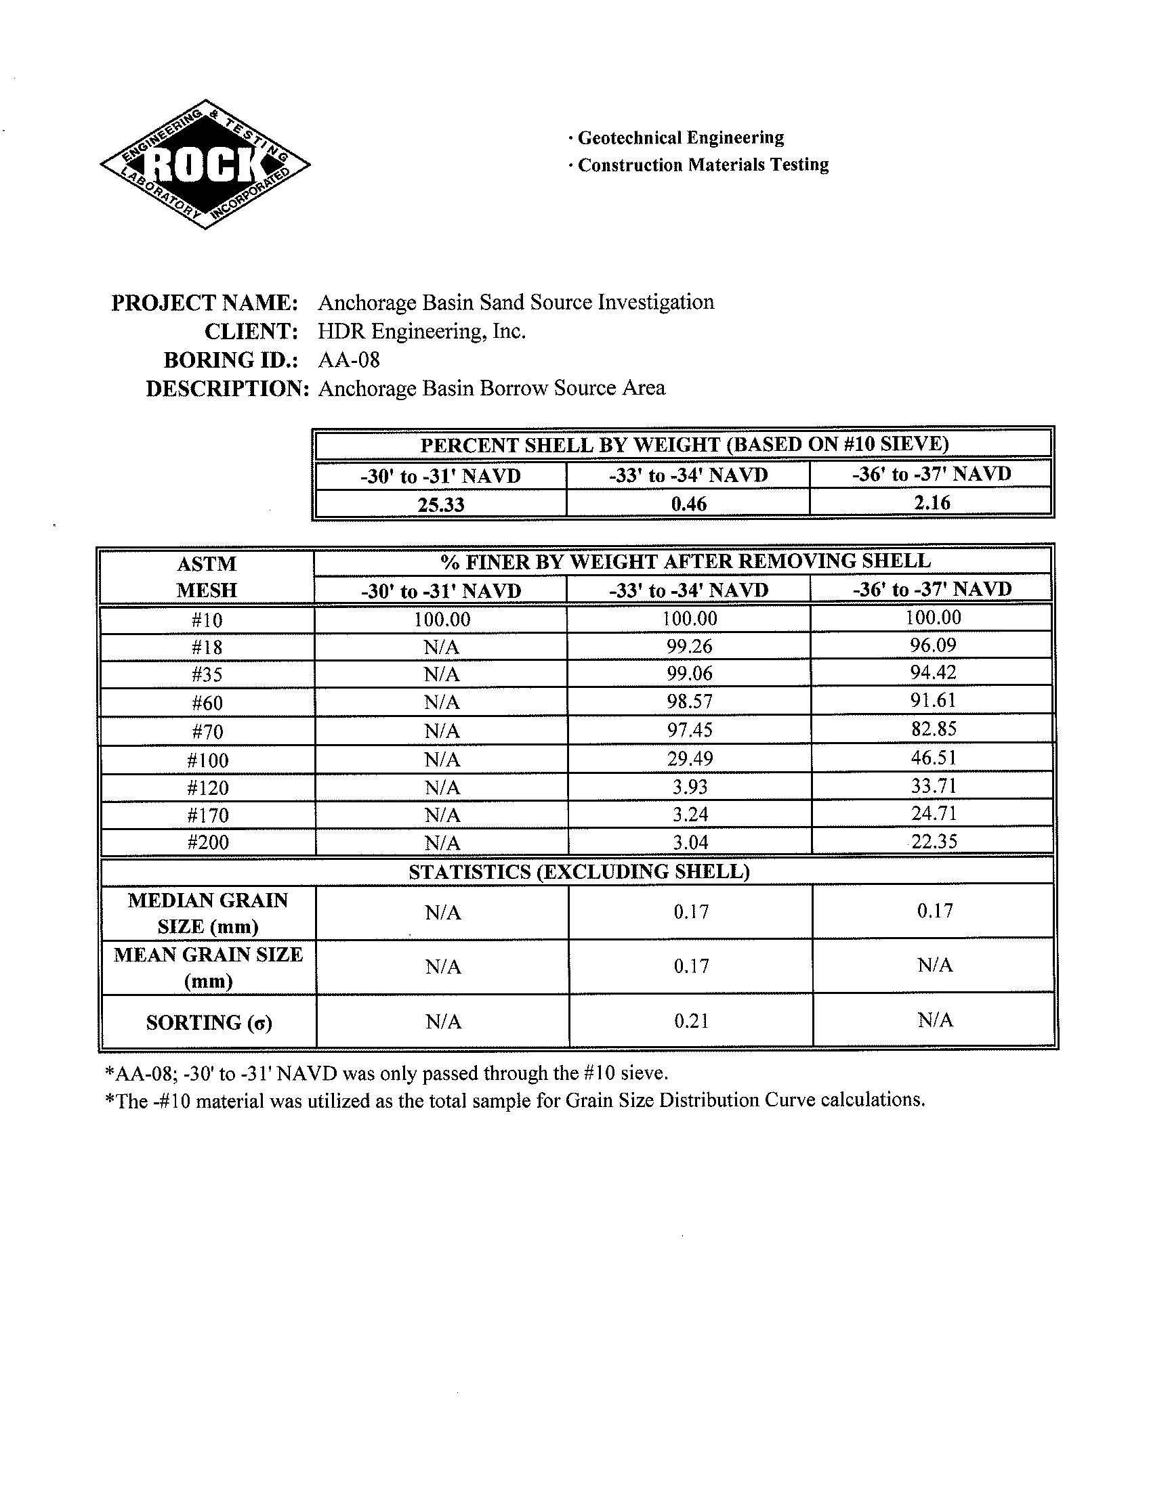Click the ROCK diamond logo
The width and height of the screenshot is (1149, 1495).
tap(205, 164)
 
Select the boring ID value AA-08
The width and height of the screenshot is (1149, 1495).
tap(349, 360)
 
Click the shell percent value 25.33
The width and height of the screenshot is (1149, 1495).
tap(441, 504)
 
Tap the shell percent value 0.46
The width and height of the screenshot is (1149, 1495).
tap(689, 504)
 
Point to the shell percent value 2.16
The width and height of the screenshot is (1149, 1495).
tap(932, 502)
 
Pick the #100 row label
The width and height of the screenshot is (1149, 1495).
tap(208, 760)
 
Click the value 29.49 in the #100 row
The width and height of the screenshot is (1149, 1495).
tap(690, 758)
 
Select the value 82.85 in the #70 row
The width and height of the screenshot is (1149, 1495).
tap(933, 729)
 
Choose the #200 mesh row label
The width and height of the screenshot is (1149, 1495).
tap(208, 842)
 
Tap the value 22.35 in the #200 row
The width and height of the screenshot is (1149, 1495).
tap(934, 841)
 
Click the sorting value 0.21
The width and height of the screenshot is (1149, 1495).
tap(691, 1020)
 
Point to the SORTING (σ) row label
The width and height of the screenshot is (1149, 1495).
tap(209, 1022)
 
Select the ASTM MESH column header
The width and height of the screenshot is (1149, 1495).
tap(207, 577)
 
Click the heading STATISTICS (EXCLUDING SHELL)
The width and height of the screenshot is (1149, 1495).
tap(579, 871)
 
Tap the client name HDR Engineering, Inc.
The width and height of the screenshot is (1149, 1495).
tap(422, 332)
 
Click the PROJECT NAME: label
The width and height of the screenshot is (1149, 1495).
tap(205, 302)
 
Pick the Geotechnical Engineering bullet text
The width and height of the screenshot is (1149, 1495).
tap(680, 137)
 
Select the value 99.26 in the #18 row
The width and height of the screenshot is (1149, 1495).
tap(690, 646)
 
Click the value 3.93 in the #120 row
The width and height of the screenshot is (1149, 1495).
tap(690, 787)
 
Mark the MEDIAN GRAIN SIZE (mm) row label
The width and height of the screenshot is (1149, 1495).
tap(208, 913)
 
